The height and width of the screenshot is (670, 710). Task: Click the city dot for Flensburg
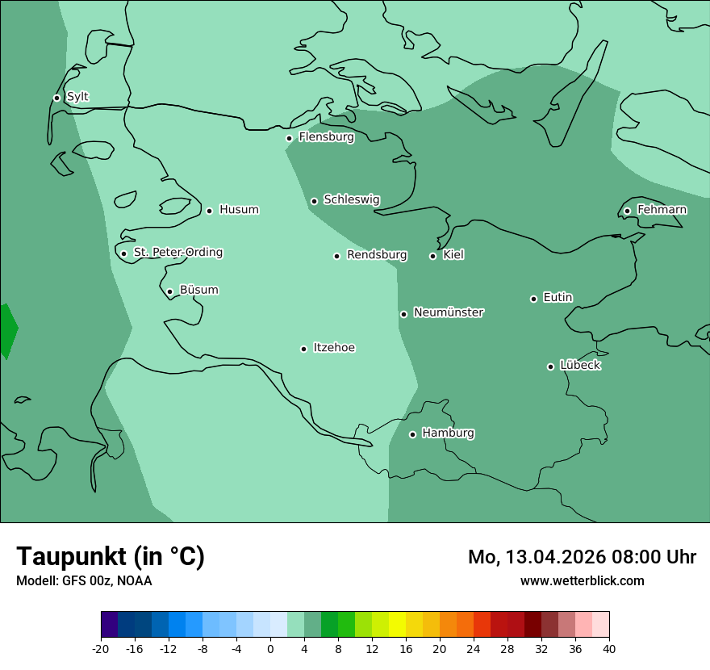click(289, 138)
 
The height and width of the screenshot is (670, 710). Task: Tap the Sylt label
click(77, 97)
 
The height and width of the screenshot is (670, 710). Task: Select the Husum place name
click(239, 210)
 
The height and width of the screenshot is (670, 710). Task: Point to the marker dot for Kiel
click(432, 256)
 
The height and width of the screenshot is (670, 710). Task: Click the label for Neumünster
click(449, 312)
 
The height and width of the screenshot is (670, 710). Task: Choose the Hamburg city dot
click(412, 434)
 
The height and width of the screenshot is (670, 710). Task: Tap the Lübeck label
click(580, 365)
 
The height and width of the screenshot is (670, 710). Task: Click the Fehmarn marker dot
click(627, 211)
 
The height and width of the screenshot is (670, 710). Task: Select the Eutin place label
click(558, 297)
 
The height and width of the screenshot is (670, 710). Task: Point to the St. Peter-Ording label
click(177, 252)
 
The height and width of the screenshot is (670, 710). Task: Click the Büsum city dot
click(169, 291)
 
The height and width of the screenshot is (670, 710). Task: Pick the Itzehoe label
click(334, 348)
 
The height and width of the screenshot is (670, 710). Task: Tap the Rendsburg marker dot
click(336, 256)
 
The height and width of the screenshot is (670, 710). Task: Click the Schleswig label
click(351, 199)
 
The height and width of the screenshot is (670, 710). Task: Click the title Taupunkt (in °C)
click(111, 556)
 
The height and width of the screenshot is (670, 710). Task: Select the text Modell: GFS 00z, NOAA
click(84, 580)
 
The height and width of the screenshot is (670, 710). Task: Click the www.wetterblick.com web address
click(582, 580)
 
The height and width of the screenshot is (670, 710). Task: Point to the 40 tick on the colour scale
click(608, 648)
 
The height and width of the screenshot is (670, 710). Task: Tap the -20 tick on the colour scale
click(101, 648)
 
